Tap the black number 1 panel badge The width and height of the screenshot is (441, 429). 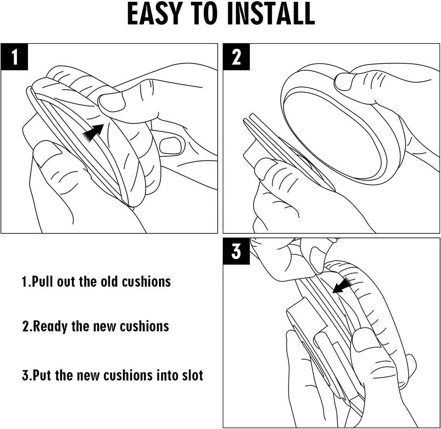[14, 56]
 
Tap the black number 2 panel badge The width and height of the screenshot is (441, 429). [236, 56]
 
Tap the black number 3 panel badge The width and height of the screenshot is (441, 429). [236, 251]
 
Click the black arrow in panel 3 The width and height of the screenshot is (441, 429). [343, 285]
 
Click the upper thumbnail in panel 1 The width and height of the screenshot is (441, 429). [112, 102]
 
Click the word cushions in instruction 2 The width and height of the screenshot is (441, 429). [144, 327]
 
